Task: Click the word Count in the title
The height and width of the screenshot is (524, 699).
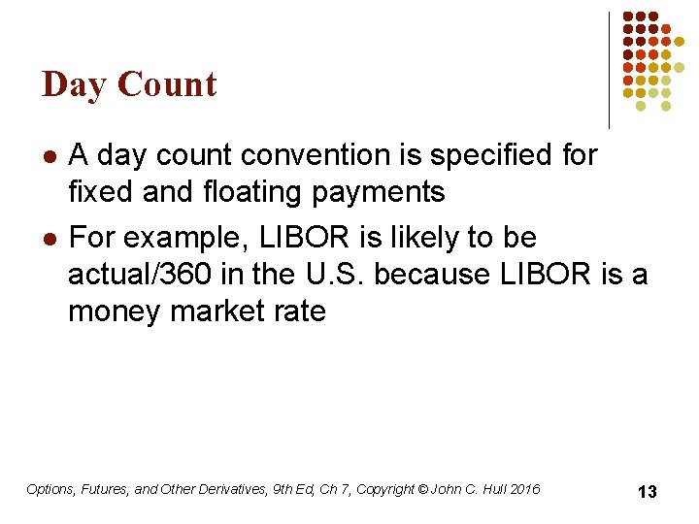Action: pyautogui.click(x=168, y=84)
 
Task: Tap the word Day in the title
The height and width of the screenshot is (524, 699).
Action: pyautogui.click(x=76, y=84)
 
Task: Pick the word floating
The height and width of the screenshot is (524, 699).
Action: pyautogui.click(x=253, y=192)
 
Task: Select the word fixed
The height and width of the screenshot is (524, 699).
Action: pyautogui.click(x=101, y=192)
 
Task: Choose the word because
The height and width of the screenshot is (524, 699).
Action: pyautogui.click(x=432, y=275)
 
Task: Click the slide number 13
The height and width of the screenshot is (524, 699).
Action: pyautogui.click(x=647, y=492)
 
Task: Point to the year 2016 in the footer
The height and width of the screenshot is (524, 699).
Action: pyautogui.click(x=523, y=489)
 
